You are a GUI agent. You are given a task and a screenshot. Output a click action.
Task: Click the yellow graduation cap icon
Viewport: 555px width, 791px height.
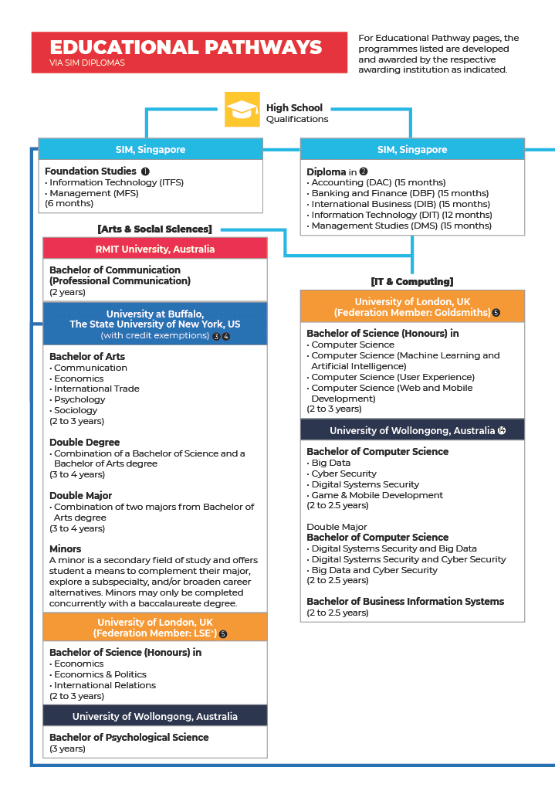point(242,109)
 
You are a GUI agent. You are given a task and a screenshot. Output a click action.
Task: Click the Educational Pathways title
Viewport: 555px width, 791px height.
point(185,47)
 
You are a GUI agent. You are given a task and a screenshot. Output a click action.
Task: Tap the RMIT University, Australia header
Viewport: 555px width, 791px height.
point(155,249)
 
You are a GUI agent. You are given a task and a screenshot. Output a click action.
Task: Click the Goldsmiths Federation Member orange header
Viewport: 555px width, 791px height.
point(412,307)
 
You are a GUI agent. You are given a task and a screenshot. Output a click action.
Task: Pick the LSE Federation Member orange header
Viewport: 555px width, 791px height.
point(155,627)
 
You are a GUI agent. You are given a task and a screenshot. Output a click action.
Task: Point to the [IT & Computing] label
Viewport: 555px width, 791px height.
point(411,281)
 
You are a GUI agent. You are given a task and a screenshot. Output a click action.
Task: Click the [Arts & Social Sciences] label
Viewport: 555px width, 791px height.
point(154,229)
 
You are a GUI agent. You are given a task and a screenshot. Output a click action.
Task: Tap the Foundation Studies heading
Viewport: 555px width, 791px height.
point(90,171)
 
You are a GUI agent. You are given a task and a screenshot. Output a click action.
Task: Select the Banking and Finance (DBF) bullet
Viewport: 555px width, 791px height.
point(399,193)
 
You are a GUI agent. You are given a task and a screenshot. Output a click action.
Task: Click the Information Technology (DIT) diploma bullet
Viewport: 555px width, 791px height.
point(401,215)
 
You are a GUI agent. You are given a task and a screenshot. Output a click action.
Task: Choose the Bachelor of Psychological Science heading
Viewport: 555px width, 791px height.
point(129,737)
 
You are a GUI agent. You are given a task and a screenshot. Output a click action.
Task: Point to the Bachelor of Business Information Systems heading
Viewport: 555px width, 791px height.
point(405,601)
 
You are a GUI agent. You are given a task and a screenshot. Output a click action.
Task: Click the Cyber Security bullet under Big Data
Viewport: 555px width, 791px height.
point(343,474)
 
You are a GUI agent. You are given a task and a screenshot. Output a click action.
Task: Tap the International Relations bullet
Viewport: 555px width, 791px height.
point(104,685)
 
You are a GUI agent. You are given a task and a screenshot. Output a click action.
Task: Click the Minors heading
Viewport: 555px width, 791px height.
point(66,549)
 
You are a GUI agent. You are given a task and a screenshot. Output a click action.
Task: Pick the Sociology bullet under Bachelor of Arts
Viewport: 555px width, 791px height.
point(76,410)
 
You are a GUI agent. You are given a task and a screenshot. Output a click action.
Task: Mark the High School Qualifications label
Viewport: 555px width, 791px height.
point(296,113)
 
